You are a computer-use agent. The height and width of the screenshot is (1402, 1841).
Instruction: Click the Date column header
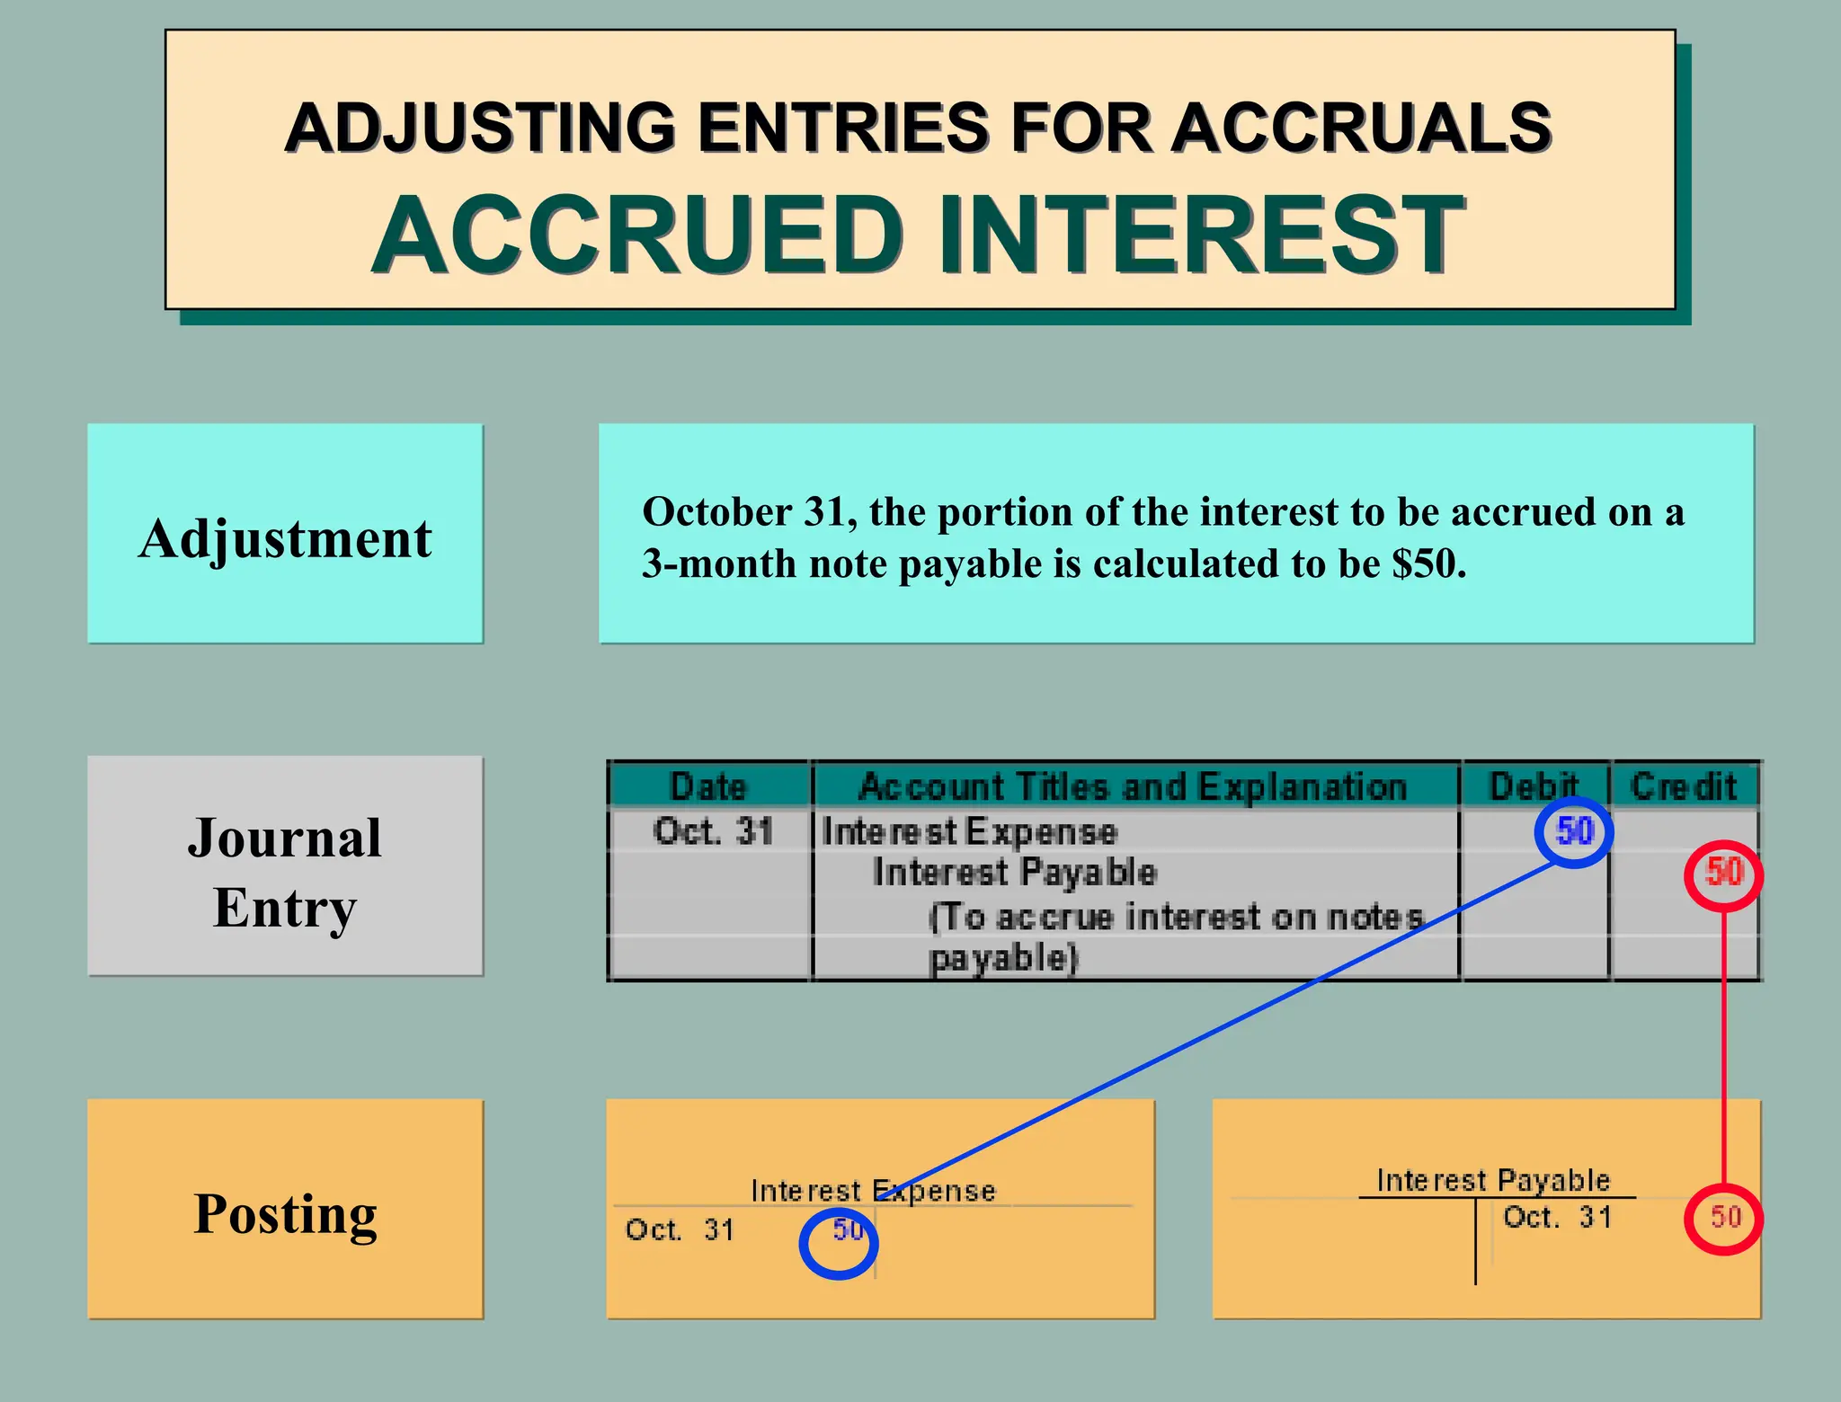click(x=708, y=786)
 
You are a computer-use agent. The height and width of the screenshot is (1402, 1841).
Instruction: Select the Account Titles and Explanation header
click(x=1133, y=786)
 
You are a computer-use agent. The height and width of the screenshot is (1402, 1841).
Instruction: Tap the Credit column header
click(x=1683, y=786)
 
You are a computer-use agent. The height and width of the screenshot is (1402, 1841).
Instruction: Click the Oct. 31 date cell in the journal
click(x=713, y=831)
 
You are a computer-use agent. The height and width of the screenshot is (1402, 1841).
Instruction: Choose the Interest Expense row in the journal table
click(x=969, y=831)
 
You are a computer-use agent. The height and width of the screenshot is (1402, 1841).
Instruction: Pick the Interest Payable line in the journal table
click(x=1014, y=873)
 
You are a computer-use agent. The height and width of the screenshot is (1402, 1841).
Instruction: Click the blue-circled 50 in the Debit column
click(x=1574, y=831)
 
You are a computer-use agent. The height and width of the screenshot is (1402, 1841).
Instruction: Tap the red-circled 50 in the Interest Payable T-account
click(x=1724, y=1218)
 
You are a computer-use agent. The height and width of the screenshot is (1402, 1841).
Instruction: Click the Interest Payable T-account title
click(x=1493, y=1180)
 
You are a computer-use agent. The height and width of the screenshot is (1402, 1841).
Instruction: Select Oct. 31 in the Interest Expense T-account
click(x=680, y=1229)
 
